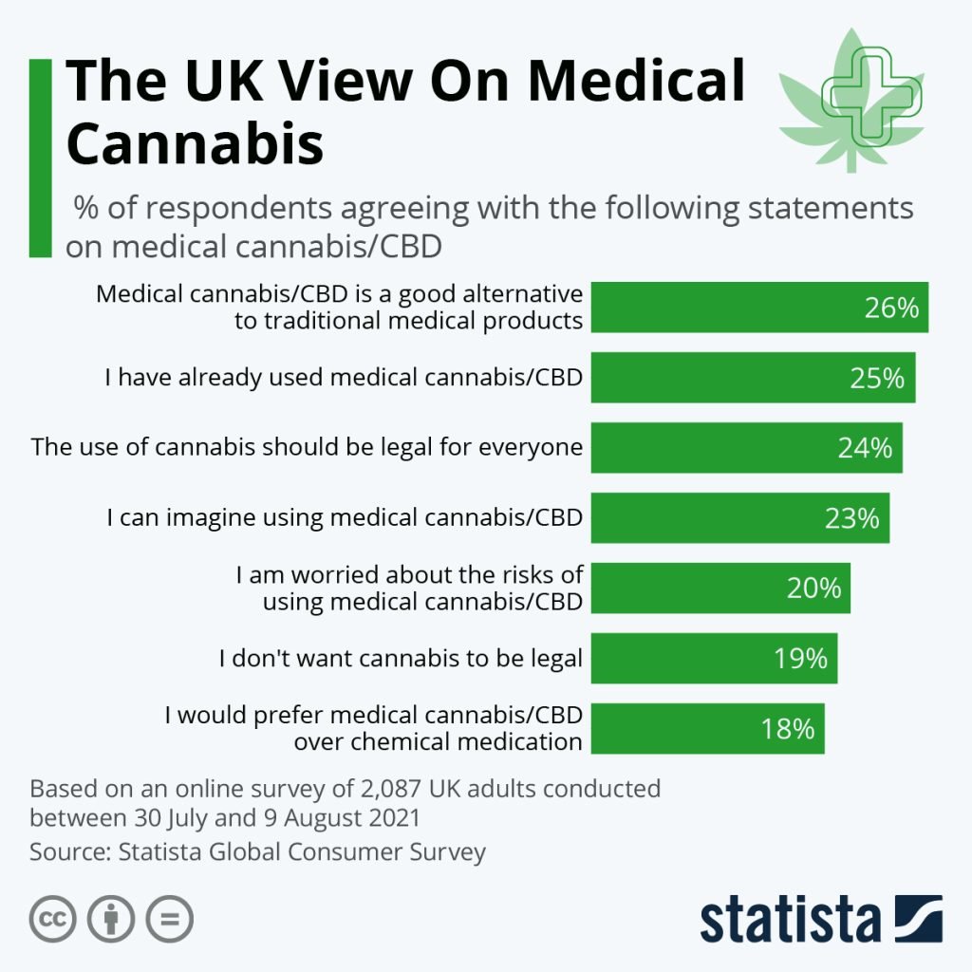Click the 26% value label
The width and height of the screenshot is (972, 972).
click(891, 308)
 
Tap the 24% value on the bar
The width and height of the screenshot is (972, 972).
click(865, 448)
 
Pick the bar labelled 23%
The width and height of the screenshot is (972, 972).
click(739, 518)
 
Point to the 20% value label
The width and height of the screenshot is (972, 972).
click(813, 589)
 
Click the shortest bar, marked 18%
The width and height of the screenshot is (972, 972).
click(707, 729)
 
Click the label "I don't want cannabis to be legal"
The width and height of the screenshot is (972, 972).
click(400, 658)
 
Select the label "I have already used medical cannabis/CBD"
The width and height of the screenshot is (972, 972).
click(343, 378)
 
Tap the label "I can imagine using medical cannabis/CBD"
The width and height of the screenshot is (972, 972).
click(344, 518)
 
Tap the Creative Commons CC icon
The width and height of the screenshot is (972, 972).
click(54, 919)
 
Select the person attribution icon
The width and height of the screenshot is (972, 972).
click(112, 919)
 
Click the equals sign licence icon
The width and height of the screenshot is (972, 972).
click(169, 919)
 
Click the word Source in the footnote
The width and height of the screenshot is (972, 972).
click(67, 851)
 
